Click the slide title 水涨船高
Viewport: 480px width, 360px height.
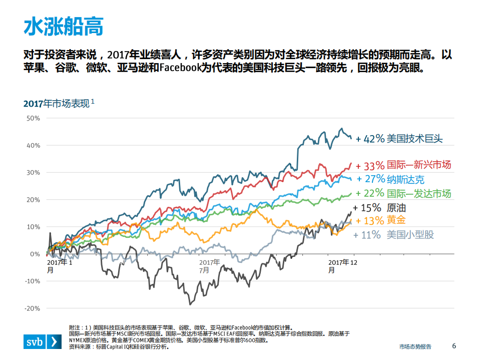point(64,27)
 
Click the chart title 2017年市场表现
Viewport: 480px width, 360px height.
point(56,104)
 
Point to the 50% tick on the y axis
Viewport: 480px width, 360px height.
point(33,118)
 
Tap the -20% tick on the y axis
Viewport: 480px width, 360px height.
point(32,308)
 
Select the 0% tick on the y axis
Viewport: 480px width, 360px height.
point(35,254)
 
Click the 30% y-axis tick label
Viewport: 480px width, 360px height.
point(33,173)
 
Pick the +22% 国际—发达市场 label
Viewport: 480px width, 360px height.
point(403,193)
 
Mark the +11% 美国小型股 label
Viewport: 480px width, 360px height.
point(393,234)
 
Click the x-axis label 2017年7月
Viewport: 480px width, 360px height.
point(209,266)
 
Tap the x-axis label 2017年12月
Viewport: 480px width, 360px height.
point(342,266)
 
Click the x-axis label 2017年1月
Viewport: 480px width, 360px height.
point(60,266)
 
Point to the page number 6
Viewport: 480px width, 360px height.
point(454,346)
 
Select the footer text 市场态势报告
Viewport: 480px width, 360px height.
point(415,346)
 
